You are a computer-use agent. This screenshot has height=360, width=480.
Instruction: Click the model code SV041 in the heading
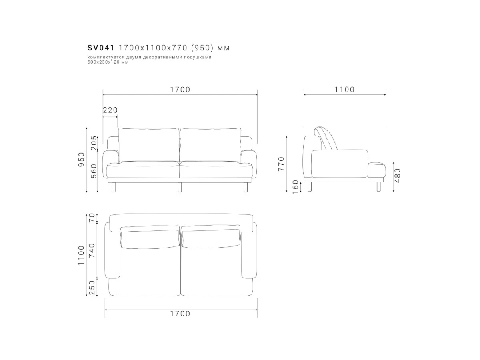pyautogui.click(x=101, y=48)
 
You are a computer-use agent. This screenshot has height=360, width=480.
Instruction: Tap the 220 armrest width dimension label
pyautogui.click(x=110, y=110)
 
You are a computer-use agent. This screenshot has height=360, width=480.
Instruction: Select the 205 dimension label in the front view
pyautogui.click(x=94, y=143)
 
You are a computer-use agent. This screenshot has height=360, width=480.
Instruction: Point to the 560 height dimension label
pyautogui.click(x=94, y=171)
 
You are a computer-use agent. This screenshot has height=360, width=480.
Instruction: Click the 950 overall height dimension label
pyautogui.click(x=81, y=159)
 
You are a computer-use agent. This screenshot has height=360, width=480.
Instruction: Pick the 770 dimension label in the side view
pyautogui.click(x=281, y=164)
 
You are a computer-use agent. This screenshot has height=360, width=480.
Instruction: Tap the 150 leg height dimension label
pyautogui.click(x=295, y=187)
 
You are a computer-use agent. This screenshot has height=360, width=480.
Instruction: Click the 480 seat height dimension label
pyautogui.click(x=397, y=176)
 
